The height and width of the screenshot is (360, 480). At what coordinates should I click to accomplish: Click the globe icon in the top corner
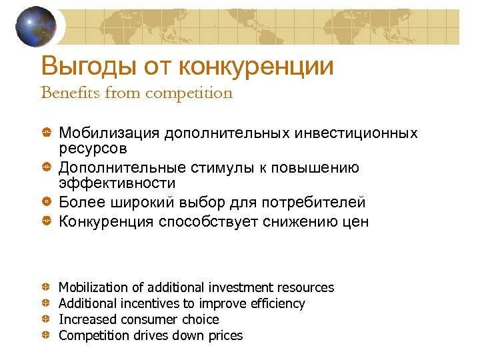[x=37, y=27]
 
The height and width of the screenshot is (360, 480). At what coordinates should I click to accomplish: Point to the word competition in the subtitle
[x=189, y=93]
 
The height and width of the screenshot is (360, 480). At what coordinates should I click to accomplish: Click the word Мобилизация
[x=109, y=133]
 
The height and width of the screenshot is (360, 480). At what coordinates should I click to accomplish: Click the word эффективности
[x=117, y=183]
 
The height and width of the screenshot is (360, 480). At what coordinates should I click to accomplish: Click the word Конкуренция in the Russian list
[x=107, y=222]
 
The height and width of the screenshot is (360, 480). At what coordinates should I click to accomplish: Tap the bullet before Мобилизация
[x=47, y=133]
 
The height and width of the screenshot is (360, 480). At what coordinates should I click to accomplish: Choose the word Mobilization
[x=93, y=287]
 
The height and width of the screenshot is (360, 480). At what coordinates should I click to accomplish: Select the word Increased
[x=85, y=319]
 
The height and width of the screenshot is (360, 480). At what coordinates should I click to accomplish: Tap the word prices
[x=225, y=335]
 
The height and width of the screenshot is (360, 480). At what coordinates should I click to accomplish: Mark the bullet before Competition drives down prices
[x=47, y=335]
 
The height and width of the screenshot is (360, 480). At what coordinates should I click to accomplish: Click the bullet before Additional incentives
[x=47, y=303]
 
